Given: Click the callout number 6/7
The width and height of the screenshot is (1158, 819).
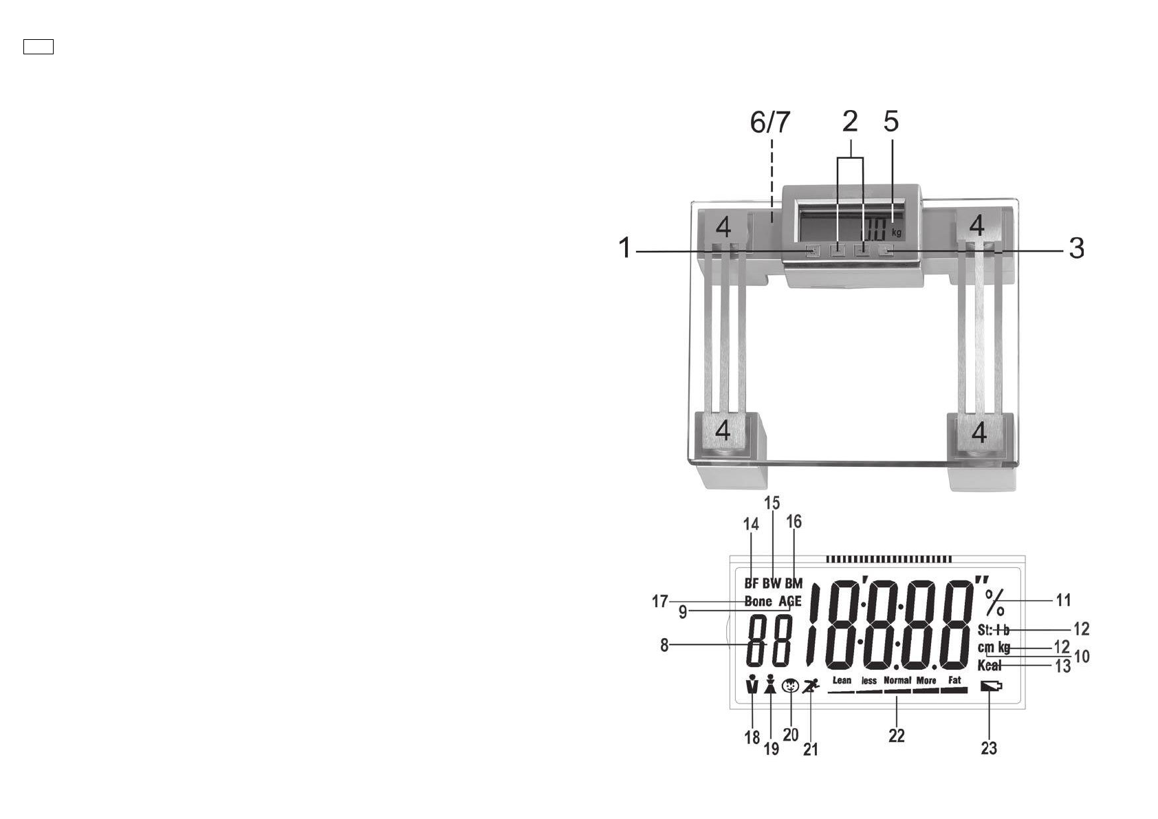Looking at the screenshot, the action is pos(769,122).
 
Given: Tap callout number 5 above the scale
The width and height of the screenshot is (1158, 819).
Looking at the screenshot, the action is pos(891,121).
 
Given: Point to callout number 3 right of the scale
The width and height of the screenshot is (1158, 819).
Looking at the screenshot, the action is pos(1076,248).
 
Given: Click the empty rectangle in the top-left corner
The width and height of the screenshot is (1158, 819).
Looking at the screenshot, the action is pos(39,47).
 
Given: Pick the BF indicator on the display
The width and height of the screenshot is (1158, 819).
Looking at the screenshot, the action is pos(751,583).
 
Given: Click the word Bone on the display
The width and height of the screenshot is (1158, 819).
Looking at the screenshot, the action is pos(758,601).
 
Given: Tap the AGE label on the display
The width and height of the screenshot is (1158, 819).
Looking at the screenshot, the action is pos(790,601).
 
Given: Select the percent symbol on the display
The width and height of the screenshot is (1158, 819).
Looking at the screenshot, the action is pos(994,603).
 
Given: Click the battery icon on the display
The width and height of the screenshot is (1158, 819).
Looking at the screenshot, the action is pos(992,687).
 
